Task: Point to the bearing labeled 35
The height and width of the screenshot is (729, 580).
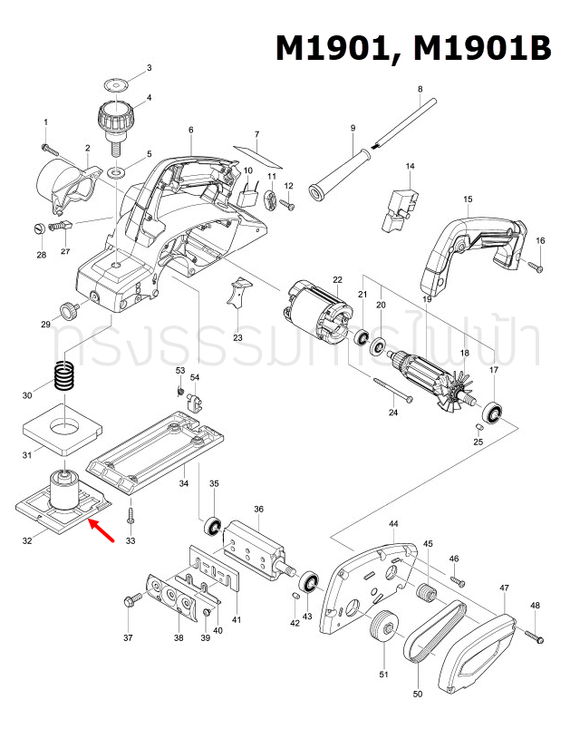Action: click(215, 526)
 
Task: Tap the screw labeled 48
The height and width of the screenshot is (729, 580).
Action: click(533, 635)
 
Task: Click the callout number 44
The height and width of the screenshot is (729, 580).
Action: click(393, 525)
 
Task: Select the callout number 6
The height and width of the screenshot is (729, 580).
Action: click(191, 130)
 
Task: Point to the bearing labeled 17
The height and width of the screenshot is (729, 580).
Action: click(494, 412)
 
